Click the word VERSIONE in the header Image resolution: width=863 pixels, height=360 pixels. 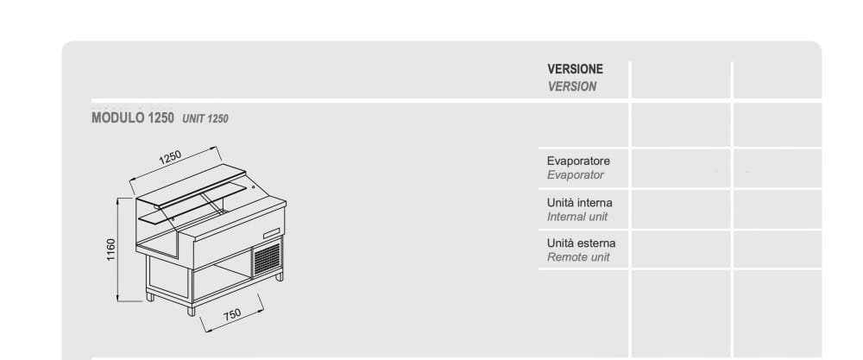(x=575, y=69)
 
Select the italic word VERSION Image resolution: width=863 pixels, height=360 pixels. (x=571, y=86)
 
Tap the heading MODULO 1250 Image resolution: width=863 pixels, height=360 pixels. (x=133, y=118)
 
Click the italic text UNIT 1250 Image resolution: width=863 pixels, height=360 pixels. (x=205, y=119)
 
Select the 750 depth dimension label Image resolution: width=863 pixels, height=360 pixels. (x=232, y=316)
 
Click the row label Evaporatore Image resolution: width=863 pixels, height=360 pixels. (x=578, y=161)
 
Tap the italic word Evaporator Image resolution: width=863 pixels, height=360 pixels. (x=576, y=175)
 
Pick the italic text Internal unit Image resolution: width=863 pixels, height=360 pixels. (x=577, y=217)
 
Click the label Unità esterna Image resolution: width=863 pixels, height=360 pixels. (x=582, y=243)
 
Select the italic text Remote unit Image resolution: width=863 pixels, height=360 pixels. (x=578, y=257)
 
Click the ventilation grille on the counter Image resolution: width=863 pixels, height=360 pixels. (x=267, y=257)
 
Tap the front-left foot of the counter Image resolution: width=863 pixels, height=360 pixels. (x=192, y=310)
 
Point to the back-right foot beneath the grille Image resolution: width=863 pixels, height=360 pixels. (x=279, y=276)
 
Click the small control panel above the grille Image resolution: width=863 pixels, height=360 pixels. (x=272, y=231)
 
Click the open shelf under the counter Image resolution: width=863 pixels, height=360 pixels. (x=220, y=276)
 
